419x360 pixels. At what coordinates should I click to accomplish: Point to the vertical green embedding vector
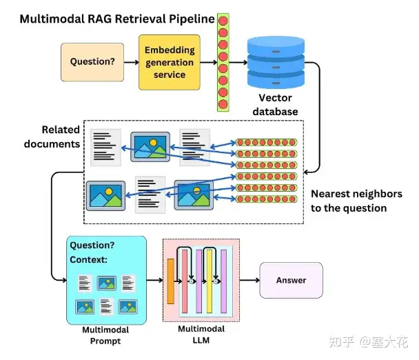click(x=223, y=62)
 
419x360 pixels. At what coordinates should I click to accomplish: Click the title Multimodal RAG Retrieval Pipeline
click(x=117, y=19)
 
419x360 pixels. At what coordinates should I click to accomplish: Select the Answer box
click(x=291, y=280)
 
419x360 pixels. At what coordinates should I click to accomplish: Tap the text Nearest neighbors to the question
click(x=348, y=201)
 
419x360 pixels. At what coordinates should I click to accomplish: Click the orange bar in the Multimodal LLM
click(x=171, y=281)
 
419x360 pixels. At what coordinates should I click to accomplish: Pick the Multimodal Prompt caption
click(x=101, y=336)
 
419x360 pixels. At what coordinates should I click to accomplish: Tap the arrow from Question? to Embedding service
click(x=132, y=61)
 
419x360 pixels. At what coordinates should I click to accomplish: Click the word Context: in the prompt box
click(x=89, y=260)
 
